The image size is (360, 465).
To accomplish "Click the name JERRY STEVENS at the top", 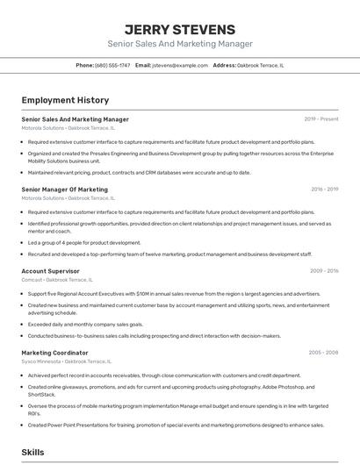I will pyautogui.click(x=179, y=29).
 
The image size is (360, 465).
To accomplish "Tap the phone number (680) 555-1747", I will pyautogui.click(x=112, y=65).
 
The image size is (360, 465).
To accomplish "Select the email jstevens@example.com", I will pyautogui.click(x=179, y=65).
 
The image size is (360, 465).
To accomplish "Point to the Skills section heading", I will pyautogui.click(x=33, y=452).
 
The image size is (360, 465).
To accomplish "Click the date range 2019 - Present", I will pyautogui.click(x=321, y=119).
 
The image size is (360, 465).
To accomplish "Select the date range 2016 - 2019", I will pyautogui.click(x=324, y=190).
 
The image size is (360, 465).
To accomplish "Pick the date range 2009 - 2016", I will pyautogui.click(x=324, y=271).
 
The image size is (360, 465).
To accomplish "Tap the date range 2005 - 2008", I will pyautogui.click(x=323, y=353).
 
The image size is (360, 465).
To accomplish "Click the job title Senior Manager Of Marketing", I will pyautogui.click(x=64, y=190).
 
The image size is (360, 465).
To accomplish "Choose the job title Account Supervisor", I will pyautogui.click(x=50, y=271).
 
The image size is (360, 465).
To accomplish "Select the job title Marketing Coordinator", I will pyautogui.click(x=54, y=353).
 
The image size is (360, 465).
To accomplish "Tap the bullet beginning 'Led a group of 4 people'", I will pyautogui.click(x=84, y=242).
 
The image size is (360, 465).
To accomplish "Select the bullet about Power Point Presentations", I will pyautogui.click(x=176, y=425).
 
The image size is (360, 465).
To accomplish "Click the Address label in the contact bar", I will pyautogui.click(x=225, y=65).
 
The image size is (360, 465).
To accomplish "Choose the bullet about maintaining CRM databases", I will pyautogui.click(x=139, y=172).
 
